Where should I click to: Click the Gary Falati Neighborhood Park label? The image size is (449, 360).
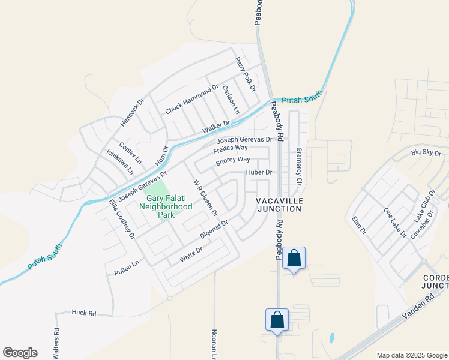pyautogui.click(x=165, y=206)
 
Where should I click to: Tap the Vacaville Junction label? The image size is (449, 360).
pyautogui.click(x=278, y=204)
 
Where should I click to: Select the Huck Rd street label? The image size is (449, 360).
pyautogui.click(x=84, y=313)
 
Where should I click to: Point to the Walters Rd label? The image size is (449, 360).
pyautogui.click(x=56, y=340)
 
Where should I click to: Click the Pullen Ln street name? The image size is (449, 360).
pyautogui.click(x=127, y=268)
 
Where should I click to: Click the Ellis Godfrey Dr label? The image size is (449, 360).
pyautogui.click(x=122, y=219)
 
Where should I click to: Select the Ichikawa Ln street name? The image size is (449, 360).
pyautogui.click(x=120, y=162)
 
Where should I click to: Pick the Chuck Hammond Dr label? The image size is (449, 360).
pyautogui.click(x=191, y=100)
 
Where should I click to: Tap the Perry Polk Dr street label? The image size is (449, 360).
pyautogui.click(x=246, y=74)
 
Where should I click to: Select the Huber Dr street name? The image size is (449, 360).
pyautogui.click(x=259, y=172)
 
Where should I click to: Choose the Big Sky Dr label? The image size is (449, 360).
pyautogui.click(x=426, y=153)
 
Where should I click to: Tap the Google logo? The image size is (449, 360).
pyautogui.click(x=20, y=353)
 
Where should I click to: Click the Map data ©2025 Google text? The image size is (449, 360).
pyautogui.click(x=411, y=355)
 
